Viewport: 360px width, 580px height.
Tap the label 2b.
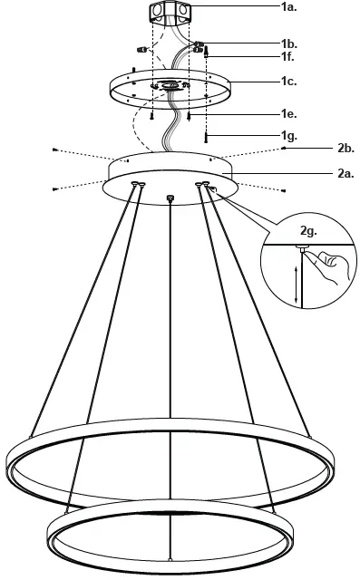tap(345, 146)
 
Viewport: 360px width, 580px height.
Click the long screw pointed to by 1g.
tap(208, 135)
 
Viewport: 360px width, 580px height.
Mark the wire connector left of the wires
tap(141, 48)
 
